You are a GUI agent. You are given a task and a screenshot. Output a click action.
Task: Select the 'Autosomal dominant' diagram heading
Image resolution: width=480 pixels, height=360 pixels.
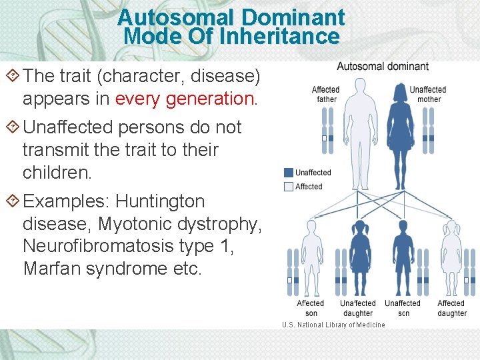[383, 67]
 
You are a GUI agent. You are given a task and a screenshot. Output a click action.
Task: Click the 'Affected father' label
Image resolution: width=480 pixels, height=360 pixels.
[325, 94]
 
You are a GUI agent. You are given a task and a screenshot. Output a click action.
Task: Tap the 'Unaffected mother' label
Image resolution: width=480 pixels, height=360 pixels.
[428, 94]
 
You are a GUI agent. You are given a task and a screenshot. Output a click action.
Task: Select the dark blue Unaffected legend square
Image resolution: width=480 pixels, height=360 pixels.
[288, 173]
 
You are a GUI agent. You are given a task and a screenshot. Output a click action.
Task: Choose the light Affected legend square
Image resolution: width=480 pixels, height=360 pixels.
[288, 187]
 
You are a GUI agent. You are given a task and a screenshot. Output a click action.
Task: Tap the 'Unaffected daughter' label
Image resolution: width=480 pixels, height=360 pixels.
[358, 308]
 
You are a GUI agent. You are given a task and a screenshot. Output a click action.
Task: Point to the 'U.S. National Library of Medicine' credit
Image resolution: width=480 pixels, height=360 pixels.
[333, 325]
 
